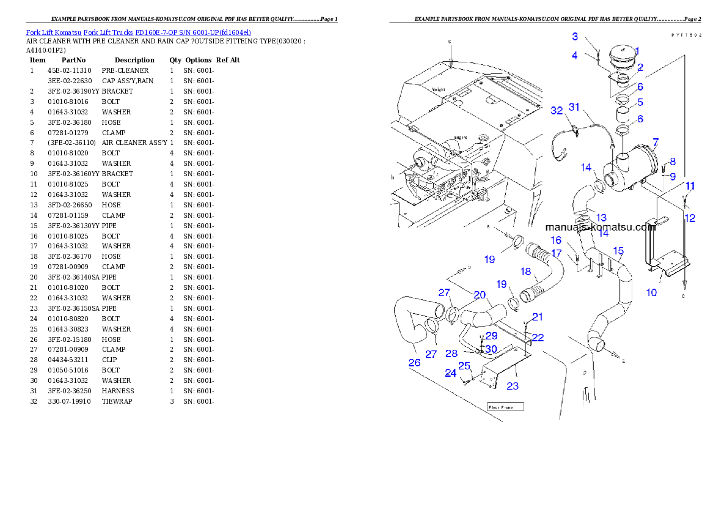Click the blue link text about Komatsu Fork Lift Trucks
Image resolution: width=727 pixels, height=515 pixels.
[x=138, y=32]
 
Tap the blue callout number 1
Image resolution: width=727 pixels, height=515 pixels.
[x=636, y=51]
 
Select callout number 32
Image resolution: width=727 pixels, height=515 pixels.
[x=556, y=111]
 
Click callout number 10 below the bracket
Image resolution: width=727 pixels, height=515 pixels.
[x=651, y=292]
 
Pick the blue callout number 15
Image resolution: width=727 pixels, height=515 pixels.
[x=618, y=251]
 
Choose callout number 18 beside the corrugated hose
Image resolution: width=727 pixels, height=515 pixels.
[x=525, y=272]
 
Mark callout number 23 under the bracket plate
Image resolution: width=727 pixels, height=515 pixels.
[x=513, y=385]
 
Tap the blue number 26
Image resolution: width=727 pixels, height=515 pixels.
[x=414, y=363]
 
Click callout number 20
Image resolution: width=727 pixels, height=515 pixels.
[x=480, y=295]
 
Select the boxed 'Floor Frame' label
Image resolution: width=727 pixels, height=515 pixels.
[x=505, y=406]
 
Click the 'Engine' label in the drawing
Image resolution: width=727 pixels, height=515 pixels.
[x=460, y=138]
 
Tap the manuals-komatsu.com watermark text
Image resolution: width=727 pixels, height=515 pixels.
[x=600, y=227]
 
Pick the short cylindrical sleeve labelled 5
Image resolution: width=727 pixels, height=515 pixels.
[x=624, y=115]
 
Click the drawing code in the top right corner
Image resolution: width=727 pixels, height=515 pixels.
[x=687, y=35]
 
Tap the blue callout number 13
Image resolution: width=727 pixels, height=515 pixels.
[x=601, y=218]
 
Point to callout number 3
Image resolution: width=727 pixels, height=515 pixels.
[x=575, y=37]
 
